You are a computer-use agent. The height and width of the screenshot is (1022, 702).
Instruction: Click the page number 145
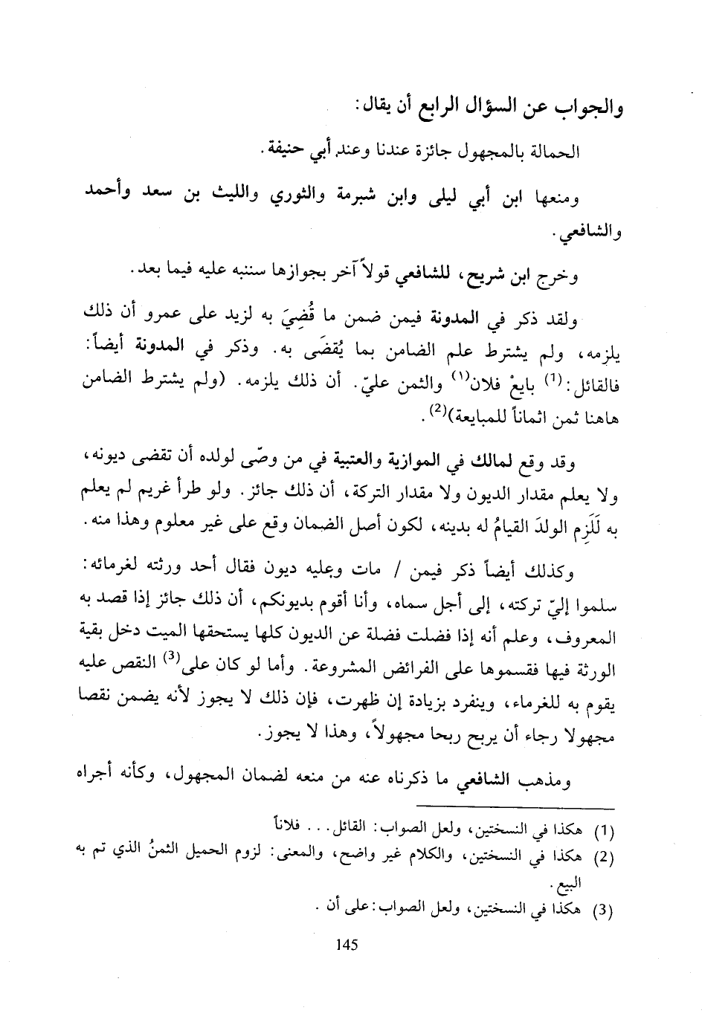point(347,945)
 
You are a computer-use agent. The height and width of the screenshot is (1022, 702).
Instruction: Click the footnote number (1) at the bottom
point(609,827)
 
